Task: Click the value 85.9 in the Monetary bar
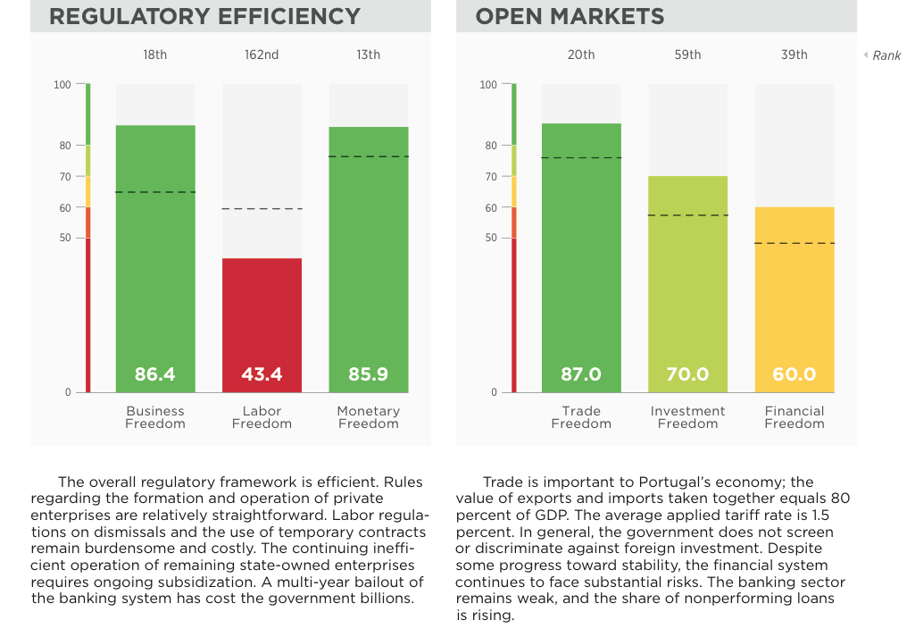(x=368, y=374)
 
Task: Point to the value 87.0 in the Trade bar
(x=581, y=374)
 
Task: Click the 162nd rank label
(x=262, y=55)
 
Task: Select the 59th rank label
(x=687, y=55)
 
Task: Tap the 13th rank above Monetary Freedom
(x=368, y=55)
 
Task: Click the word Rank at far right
(x=886, y=56)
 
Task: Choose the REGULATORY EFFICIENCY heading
(x=205, y=16)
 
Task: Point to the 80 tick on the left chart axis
(x=64, y=145)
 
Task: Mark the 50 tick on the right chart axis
(x=488, y=238)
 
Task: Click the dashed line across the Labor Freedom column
(x=262, y=209)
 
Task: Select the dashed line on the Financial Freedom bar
(x=794, y=243)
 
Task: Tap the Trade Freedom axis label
(x=581, y=417)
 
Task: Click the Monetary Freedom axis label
(x=368, y=417)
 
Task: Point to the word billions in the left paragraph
(x=385, y=599)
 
